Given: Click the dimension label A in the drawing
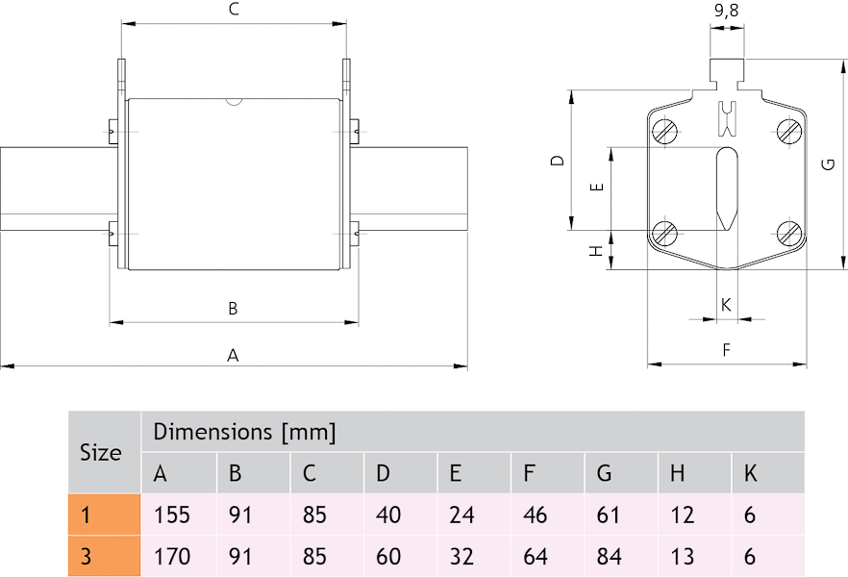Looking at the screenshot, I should point(233,355).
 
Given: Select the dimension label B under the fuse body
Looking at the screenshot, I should point(233,309).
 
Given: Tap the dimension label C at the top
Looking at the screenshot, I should point(233,11).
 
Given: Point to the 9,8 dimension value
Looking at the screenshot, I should point(726,12).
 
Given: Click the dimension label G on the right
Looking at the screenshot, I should point(828,164).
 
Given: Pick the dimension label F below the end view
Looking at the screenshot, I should point(727,351).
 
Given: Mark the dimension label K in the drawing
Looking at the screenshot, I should point(726,305).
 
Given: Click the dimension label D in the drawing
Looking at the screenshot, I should point(557,161).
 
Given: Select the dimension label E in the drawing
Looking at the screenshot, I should point(596,187).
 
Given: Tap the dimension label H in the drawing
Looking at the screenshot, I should point(596,250).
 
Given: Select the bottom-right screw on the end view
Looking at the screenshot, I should point(789,232).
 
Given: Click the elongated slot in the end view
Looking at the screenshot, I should point(727,188).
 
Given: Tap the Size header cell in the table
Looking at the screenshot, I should point(101,452).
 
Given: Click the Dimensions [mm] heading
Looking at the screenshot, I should point(244,432).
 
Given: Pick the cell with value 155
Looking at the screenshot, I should point(172,514).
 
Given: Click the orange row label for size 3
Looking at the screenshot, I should point(104,556).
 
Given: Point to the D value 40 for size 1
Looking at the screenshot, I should point(388,514).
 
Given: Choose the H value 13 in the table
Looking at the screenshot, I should point(683,556).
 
